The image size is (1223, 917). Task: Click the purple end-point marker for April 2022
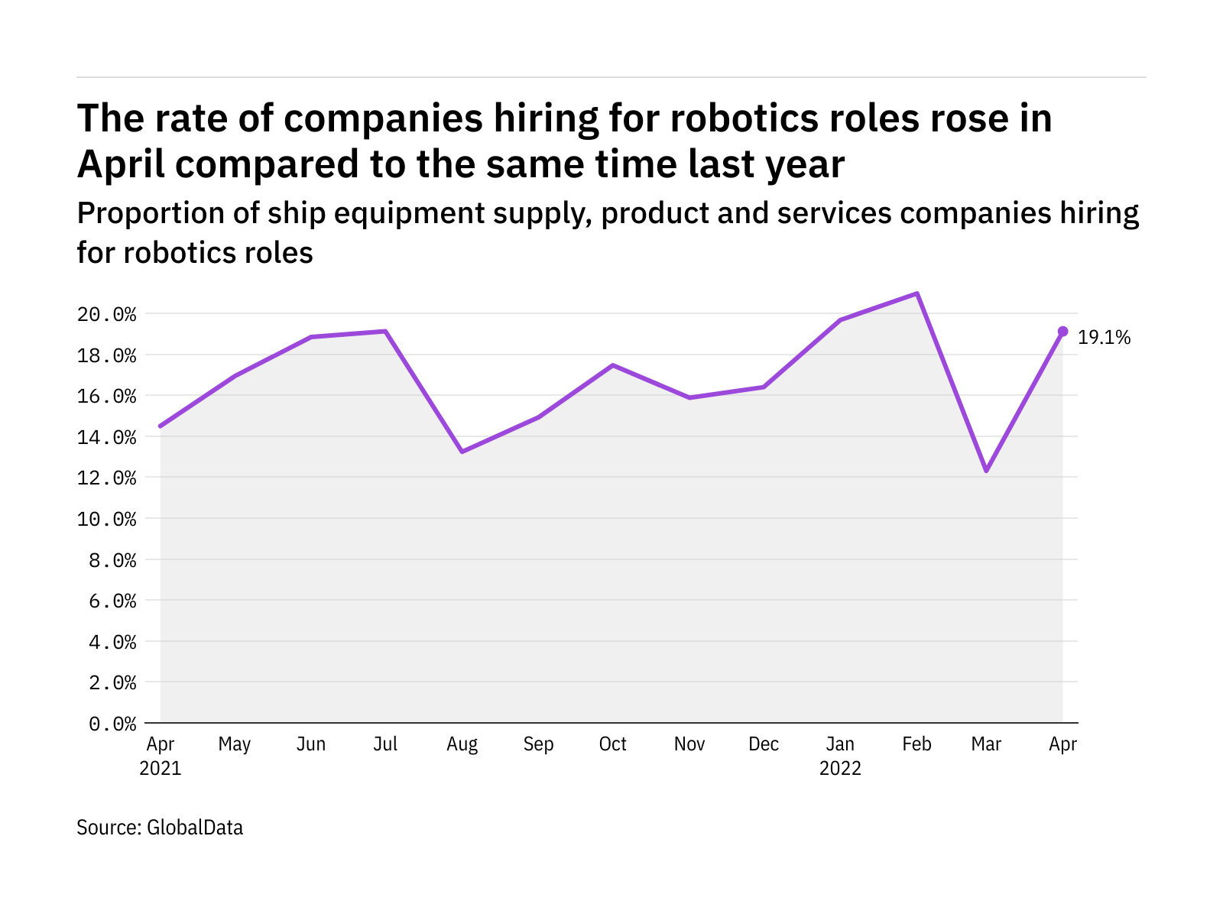1062,332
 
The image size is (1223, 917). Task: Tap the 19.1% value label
1104,338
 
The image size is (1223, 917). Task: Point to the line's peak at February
916,293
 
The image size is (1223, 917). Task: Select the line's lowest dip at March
986,471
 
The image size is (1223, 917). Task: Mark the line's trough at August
462,452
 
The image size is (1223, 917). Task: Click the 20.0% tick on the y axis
106,315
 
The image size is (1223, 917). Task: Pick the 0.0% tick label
112,724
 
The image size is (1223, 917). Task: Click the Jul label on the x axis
385,744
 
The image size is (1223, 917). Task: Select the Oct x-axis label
612,744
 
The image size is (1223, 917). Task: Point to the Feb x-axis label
916,744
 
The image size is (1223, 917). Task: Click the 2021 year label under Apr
161,768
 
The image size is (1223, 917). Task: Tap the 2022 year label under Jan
840,768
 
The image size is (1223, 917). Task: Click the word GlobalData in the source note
195,828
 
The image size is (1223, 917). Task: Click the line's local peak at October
612,365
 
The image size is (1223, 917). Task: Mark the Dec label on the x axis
764,744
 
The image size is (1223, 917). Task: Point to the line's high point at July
385,332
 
